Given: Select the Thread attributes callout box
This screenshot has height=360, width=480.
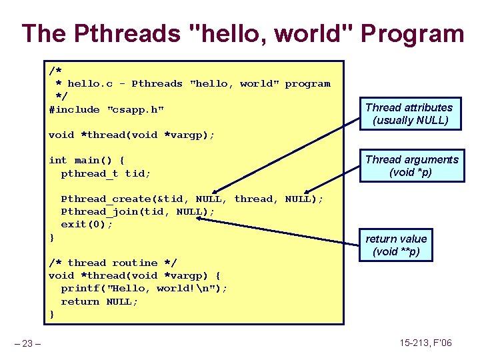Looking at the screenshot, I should coord(409,114).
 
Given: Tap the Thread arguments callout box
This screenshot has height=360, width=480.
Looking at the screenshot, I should coord(411,166).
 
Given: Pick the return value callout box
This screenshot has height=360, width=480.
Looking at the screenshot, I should coord(396,245).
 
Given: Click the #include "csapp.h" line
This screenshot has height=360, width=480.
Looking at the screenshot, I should coord(107,109).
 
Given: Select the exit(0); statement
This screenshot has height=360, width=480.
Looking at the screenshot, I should coord(87,224).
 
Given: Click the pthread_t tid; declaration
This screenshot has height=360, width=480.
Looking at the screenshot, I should coord(105,173).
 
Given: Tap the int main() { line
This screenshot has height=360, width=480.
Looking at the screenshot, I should coord(87,160).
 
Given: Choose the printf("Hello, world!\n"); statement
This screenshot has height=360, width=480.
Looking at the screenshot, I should coord(144,288).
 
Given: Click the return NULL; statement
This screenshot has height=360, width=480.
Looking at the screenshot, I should coord(99,301).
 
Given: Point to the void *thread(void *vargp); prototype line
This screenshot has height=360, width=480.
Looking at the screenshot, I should coord(131,135).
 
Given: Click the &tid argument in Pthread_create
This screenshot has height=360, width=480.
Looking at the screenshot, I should coord(175,199).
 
